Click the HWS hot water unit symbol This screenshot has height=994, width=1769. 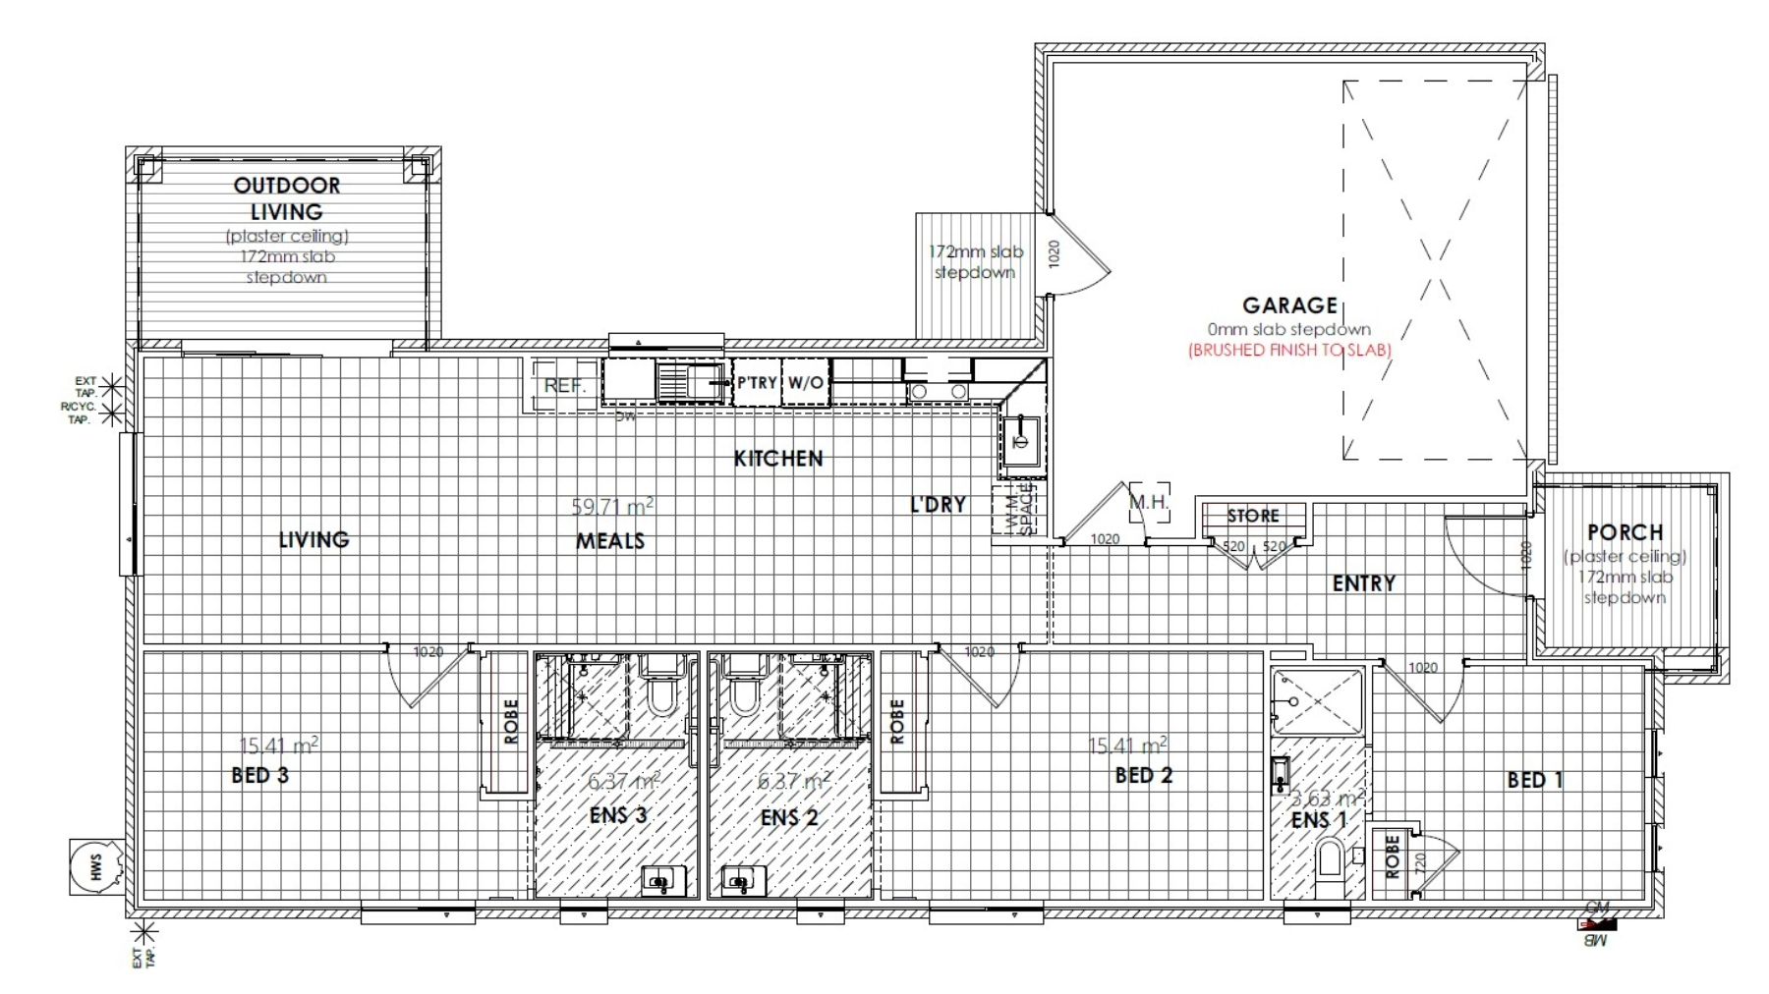pos(96,866)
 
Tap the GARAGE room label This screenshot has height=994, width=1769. pos(1289,305)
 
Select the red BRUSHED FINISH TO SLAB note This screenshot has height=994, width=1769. pos(1289,350)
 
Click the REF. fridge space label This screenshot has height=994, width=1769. pos(564,385)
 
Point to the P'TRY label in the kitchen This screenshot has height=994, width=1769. pos(757,383)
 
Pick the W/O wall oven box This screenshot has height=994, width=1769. pos(805,383)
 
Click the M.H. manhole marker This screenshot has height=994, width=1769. pos(1148,502)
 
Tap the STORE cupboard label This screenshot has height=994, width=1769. pos(1253,516)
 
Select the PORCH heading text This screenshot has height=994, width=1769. pos(1625,532)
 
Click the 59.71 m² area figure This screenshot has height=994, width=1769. pos(612,507)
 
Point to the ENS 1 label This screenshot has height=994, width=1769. pos(1318,820)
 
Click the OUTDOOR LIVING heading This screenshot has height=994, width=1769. pos(286,197)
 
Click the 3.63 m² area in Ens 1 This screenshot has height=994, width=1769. pos(1326,798)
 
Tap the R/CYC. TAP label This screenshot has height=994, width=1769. pos(79,413)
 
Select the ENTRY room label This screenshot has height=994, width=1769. pos(1363,583)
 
